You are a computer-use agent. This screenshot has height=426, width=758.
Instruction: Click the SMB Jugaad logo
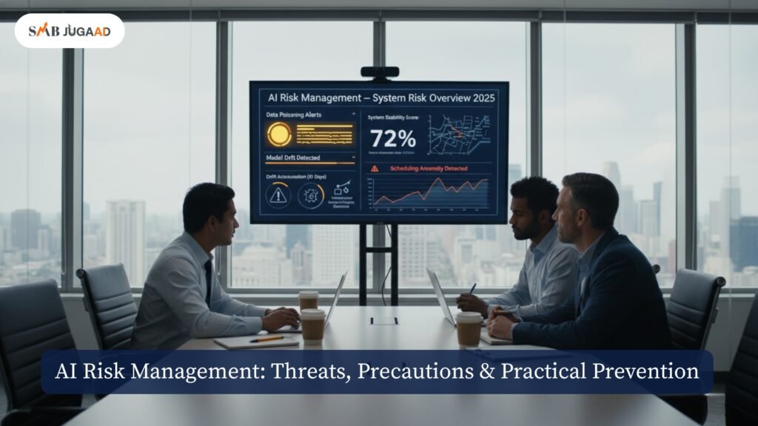click(69, 30)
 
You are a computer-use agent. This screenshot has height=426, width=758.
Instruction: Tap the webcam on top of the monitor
click(379, 72)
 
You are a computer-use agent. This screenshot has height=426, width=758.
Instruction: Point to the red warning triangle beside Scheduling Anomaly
click(374, 169)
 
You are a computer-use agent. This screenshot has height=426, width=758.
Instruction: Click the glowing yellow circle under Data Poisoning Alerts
click(279, 134)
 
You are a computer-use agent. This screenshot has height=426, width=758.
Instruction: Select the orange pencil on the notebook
click(266, 339)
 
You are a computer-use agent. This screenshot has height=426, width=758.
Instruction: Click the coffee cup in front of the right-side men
click(469, 328)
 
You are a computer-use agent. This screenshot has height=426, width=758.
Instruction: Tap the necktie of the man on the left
click(209, 282)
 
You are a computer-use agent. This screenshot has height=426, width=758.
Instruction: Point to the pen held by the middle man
click(472, 289)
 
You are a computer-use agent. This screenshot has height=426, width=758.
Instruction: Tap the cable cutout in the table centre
click(383, 321)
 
